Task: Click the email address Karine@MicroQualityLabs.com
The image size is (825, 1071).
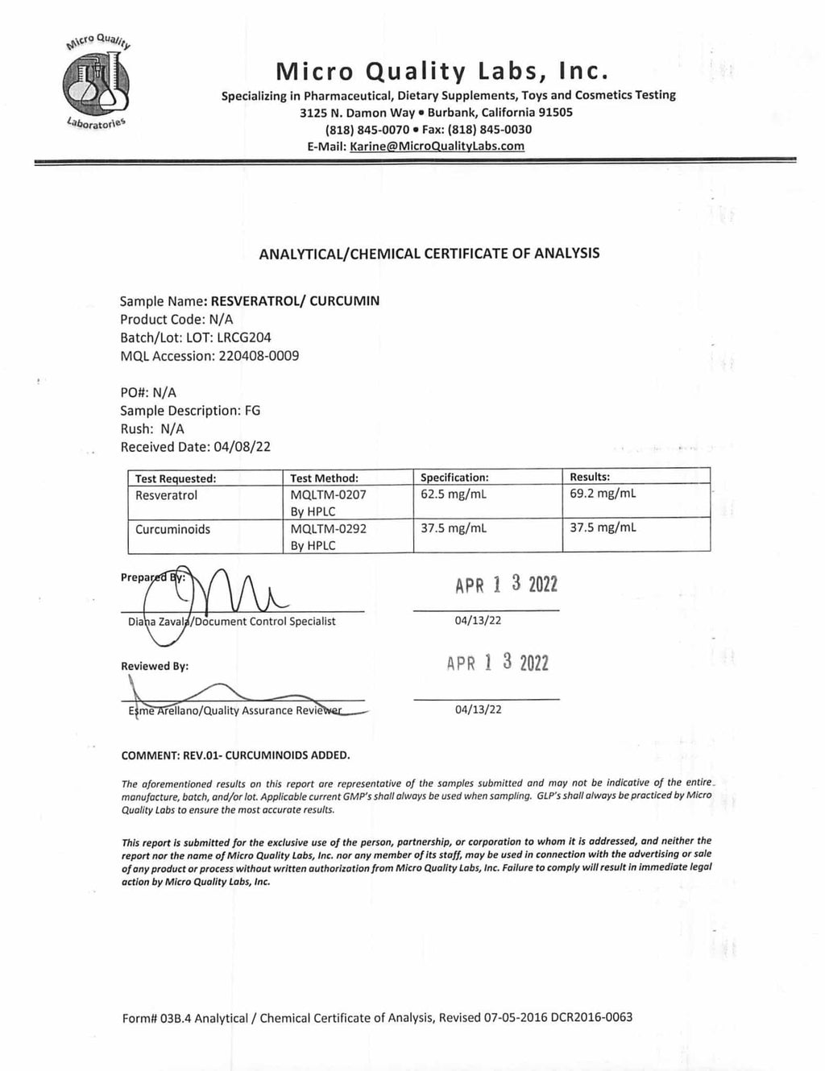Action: (437, 146)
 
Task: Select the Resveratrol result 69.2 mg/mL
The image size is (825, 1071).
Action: (603, 494)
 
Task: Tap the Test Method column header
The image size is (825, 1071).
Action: (324, 478)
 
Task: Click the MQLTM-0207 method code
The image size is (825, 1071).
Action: (328, 494)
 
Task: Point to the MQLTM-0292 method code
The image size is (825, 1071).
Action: (328, 529)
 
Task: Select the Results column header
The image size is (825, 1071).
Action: (590, 477)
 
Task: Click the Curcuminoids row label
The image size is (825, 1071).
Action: (172, 529)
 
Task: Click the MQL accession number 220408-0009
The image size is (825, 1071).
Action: (259, 355)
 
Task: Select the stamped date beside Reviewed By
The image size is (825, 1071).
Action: (498, 664)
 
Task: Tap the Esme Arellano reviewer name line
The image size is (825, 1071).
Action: (234, 710)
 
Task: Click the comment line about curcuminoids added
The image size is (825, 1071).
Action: (235, 755)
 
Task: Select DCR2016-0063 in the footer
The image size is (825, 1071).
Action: (592, 1017)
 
